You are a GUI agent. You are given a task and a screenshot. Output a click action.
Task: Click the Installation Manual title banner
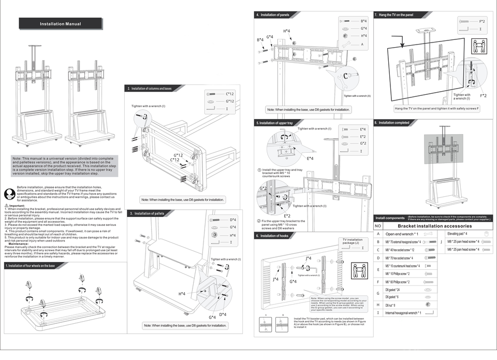(60, 24)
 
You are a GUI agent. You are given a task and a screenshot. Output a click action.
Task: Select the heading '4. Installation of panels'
(275, 15)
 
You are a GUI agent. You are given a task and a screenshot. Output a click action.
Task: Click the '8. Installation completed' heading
(394, 123)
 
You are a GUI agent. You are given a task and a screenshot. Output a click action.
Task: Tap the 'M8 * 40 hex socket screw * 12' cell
(407, 250)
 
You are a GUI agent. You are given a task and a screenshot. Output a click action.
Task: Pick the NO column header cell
(378, 226)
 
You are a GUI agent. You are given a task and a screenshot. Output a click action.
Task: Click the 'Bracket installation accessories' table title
(435, 226)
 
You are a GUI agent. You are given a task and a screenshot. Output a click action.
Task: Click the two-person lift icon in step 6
(358, 270)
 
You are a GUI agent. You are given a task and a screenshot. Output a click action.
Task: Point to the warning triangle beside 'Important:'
(7, 206)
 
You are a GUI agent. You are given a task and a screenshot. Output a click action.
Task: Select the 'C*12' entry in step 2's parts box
(230, 94)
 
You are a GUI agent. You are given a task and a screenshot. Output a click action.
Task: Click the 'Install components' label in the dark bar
(390, 218)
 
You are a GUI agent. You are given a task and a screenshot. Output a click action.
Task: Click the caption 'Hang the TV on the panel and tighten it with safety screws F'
(437, 108)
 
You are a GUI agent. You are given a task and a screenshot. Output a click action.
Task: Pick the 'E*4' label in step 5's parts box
(363, 129)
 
